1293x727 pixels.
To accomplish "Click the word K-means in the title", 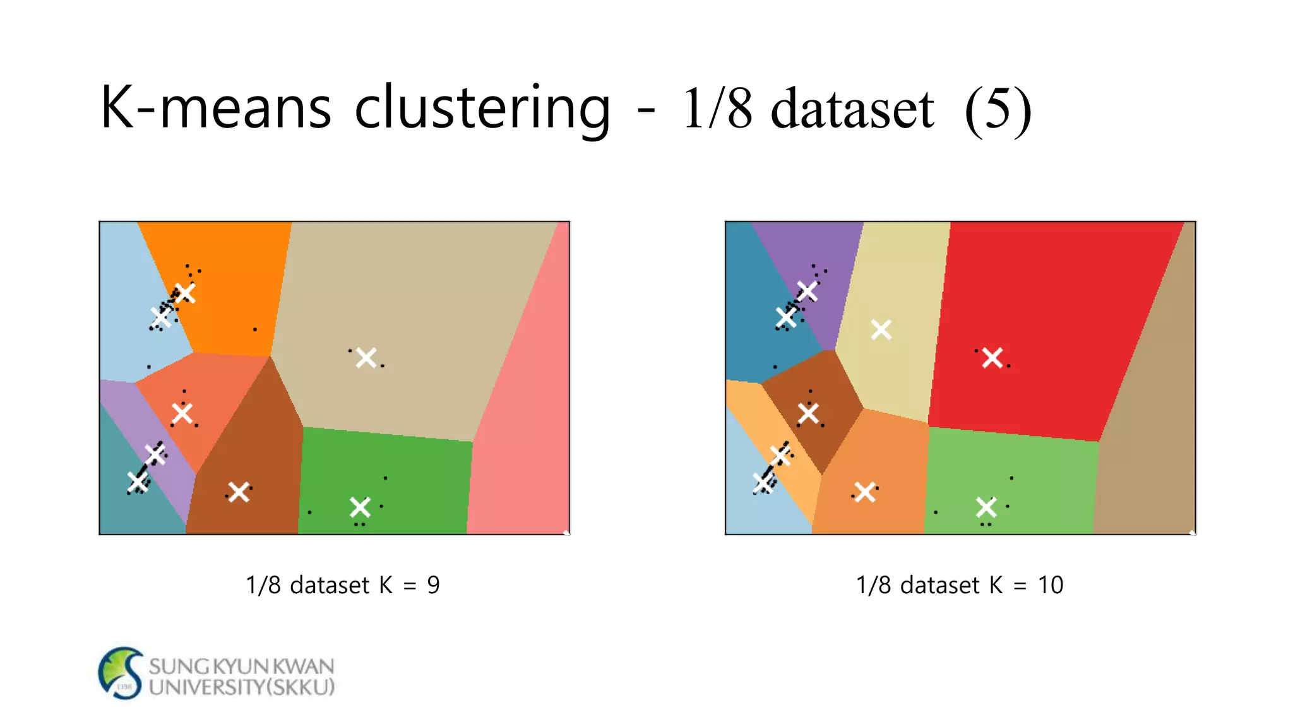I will tap(215, 107).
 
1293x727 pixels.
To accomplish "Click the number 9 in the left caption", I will tap(433, 585).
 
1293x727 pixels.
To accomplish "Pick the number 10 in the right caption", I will tap(1051, 585).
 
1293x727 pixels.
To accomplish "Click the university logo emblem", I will tap(121, 673).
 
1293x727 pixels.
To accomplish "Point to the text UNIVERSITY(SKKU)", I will tap(242, 687).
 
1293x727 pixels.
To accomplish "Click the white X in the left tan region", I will tap(366, 358).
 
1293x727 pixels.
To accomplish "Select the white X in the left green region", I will tap(360, 507).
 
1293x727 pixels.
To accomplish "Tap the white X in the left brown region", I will tap(239, 492).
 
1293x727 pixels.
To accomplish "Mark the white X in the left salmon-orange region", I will tap(182, 413).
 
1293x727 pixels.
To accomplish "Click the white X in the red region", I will tap(992, 358).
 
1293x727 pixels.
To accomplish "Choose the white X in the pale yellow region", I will tap(881, 329).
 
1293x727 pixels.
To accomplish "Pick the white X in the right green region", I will tap(986, 507).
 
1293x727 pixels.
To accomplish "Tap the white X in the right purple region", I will tap(807, 291).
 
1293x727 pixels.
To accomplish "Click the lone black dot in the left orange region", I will tap(255, 329).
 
